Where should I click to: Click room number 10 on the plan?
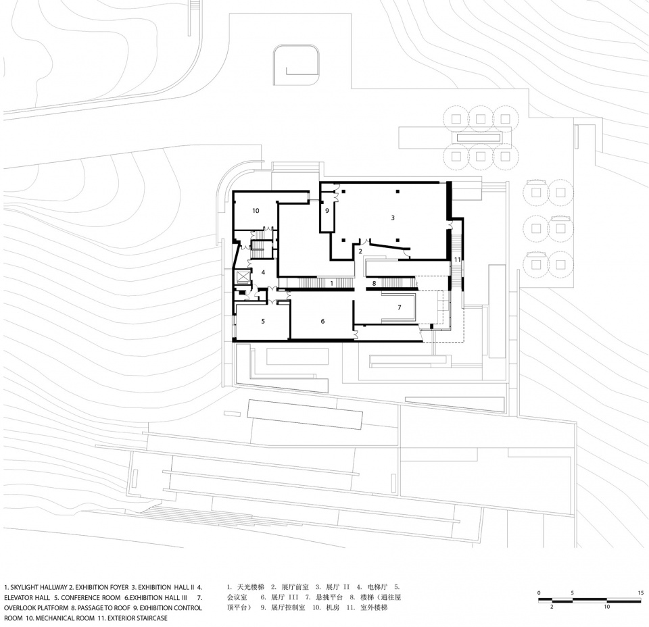point(256,211)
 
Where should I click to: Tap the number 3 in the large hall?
point(393,218)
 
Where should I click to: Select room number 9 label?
point(327,211)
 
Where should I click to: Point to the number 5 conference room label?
point(263,321)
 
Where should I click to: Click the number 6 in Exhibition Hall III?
point(323,321)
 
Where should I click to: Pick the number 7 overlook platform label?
point(399,307)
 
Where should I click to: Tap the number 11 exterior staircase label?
point(457,259)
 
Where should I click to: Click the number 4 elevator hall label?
point(263,272)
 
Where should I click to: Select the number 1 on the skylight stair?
point(331,283)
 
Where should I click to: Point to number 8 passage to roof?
point(374,283)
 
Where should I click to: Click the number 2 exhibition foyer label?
point(360,251)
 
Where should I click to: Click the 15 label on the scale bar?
point(641,593)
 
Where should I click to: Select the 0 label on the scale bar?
point(539,593)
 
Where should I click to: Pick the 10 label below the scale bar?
point(607,607)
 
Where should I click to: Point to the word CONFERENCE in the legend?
point(79,598)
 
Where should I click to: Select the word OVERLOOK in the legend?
point(20,608)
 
